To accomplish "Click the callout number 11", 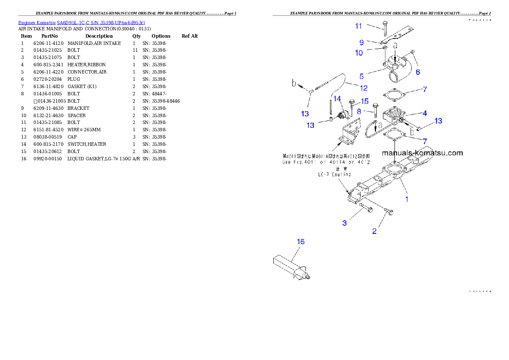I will tap(358, 26).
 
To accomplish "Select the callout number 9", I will tap(361, 42).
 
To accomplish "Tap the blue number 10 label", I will tap(358, 53).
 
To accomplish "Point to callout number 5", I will tap(361, 77).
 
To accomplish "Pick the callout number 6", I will tap(418, 72).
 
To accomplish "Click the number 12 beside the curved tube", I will tap(363, 89).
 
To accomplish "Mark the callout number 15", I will tap(364, 101).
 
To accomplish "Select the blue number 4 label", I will tap(425, 113).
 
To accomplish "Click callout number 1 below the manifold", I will tap(407, 199).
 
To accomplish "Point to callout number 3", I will tap(344, 223).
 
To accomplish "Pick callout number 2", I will tap(374, 231).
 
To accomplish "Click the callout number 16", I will tap(301, 242).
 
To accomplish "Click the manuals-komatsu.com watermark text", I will tap(422, 153).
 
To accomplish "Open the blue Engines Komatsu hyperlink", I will tap(81, 22).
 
